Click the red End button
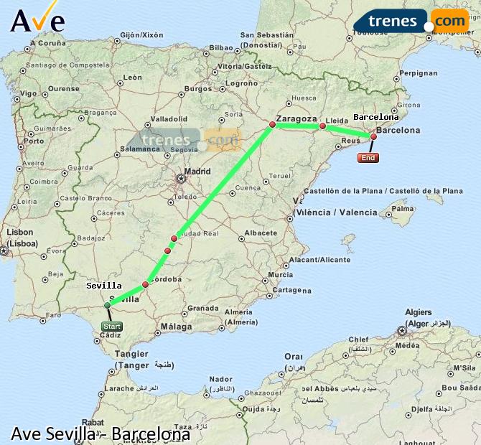coord(368,158)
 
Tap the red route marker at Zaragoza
coord(272,125)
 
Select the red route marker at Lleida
coord(322,126)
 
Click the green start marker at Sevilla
coord(108,305)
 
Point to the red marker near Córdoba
coord(145,285)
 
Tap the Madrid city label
coord(197,172)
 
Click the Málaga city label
coord(177,327)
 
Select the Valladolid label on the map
coord(169,119)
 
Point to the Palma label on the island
coord(403,210)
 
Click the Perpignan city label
coord(419,73)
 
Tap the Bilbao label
coord(220,49)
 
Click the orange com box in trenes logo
coord(449,22)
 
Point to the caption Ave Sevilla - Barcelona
coord(101,434)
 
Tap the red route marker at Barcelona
coord(373,136)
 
